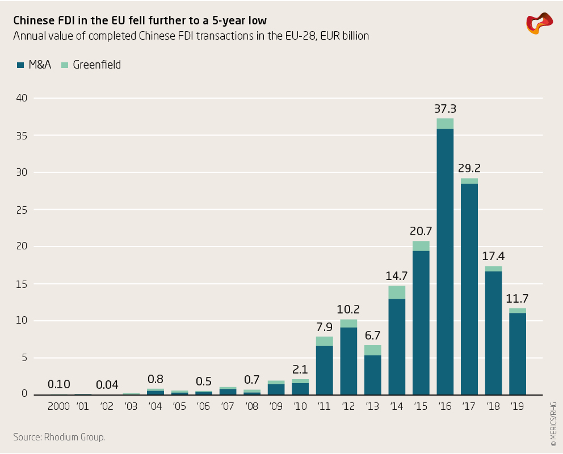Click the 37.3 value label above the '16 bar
pos(445,109)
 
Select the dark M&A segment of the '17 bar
pos(469,289)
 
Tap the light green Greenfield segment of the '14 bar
pos(397,292)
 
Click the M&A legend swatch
pos(20,65)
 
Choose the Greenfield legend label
pos(97,65)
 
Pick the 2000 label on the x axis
pos(59,406)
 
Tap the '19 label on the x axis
pos(518,406)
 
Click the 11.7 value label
pos(518,299)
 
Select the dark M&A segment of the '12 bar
pos(348,360)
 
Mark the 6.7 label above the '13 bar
pos(373,336)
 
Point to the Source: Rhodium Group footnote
pos(59,437)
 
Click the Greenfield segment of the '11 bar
pos(325,341)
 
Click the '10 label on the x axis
pos(300,406)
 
